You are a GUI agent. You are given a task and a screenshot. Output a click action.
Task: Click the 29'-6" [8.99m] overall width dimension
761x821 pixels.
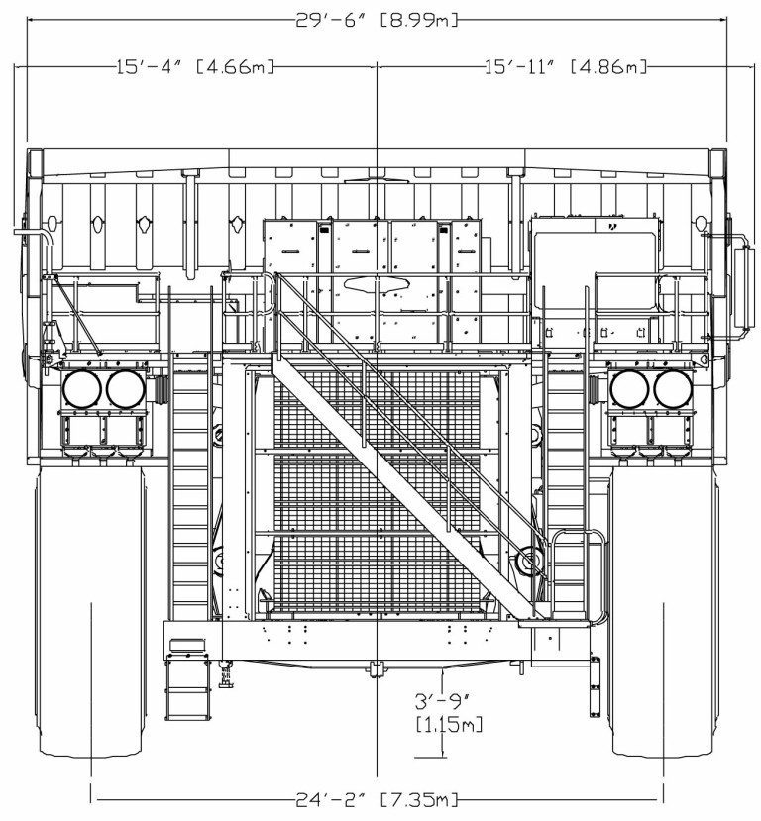pyautogui.click(x=378, y=20)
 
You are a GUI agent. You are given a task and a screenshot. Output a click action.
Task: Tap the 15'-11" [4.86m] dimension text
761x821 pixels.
pyautogui.click(x=566, y=67)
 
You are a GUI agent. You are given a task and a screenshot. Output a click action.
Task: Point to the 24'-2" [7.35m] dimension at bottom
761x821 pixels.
pyautogui.click(x=378, y=799)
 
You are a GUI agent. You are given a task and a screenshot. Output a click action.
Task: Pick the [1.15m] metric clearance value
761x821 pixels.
pyautogui.click(x=450, y=724)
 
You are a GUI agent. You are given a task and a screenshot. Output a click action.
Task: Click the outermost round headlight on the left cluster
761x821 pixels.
pyautogui.click(x=82, y=389)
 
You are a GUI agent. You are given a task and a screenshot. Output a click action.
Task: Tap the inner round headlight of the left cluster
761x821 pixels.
pyautogui.click(x=126, y=389)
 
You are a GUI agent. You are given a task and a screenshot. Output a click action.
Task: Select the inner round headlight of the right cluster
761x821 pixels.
pyautogui.click(x=630, y=390)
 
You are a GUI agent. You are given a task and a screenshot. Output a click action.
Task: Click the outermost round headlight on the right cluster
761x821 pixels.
pyautogui.click(x=674, y=390)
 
